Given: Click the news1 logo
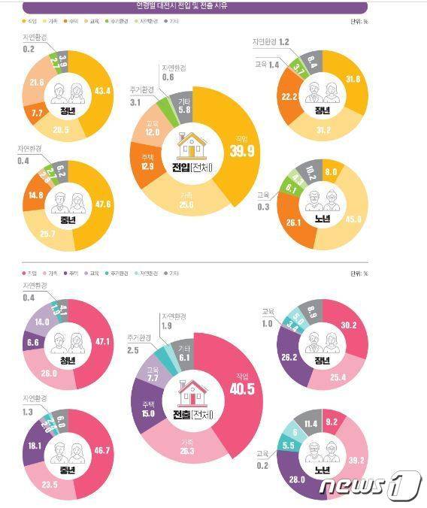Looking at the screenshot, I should [369, 485].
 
